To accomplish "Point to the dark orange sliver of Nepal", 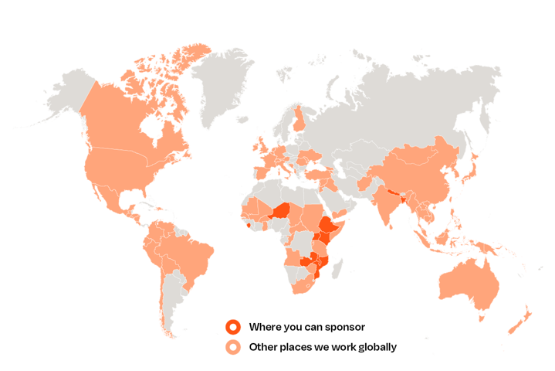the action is click(x=395, y=191).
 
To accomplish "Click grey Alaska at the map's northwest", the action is click(x=66, y=97).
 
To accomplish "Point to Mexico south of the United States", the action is click(x=113, y=197).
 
